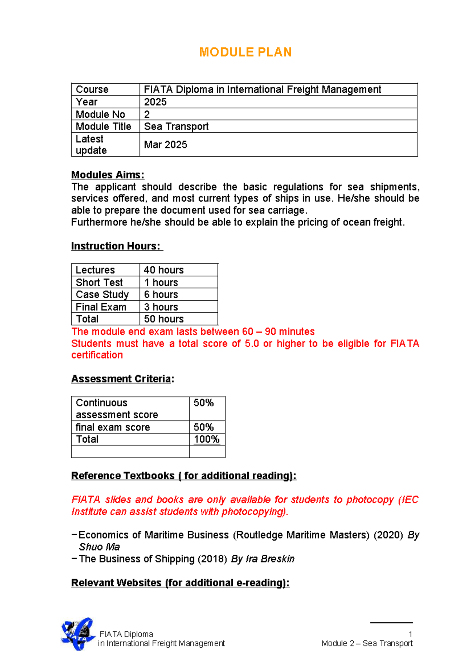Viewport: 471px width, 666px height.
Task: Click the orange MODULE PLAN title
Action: tap(245, 52)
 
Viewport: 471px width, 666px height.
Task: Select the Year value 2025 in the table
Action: tap(155, 102)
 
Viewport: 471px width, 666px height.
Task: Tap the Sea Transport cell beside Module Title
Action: tap(176, 126)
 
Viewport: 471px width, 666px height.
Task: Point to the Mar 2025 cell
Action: tap(165, 145)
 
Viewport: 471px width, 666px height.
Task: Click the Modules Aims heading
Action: tap(108, 175)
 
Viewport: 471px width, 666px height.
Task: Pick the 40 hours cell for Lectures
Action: tap(164, 270)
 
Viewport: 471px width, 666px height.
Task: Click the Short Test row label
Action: tap(99, 282)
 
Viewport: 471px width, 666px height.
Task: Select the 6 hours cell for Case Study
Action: tap(161, 295)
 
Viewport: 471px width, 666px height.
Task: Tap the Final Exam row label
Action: tap(101, 307)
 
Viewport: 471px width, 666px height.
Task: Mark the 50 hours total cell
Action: tap(164, 319)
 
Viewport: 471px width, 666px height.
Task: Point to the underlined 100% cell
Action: tap(206, 439)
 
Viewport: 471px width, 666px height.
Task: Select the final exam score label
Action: tap(113, 427)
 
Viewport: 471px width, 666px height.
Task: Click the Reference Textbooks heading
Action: tap(183, 476)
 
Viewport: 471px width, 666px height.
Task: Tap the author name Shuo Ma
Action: tap(99, 547)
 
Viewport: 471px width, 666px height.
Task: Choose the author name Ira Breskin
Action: tap(270, 559)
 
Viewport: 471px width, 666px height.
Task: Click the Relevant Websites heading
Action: tap(180, 583)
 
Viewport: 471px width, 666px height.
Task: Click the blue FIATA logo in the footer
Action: tap(78, 634)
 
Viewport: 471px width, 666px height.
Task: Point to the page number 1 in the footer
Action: tap(410, 634)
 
